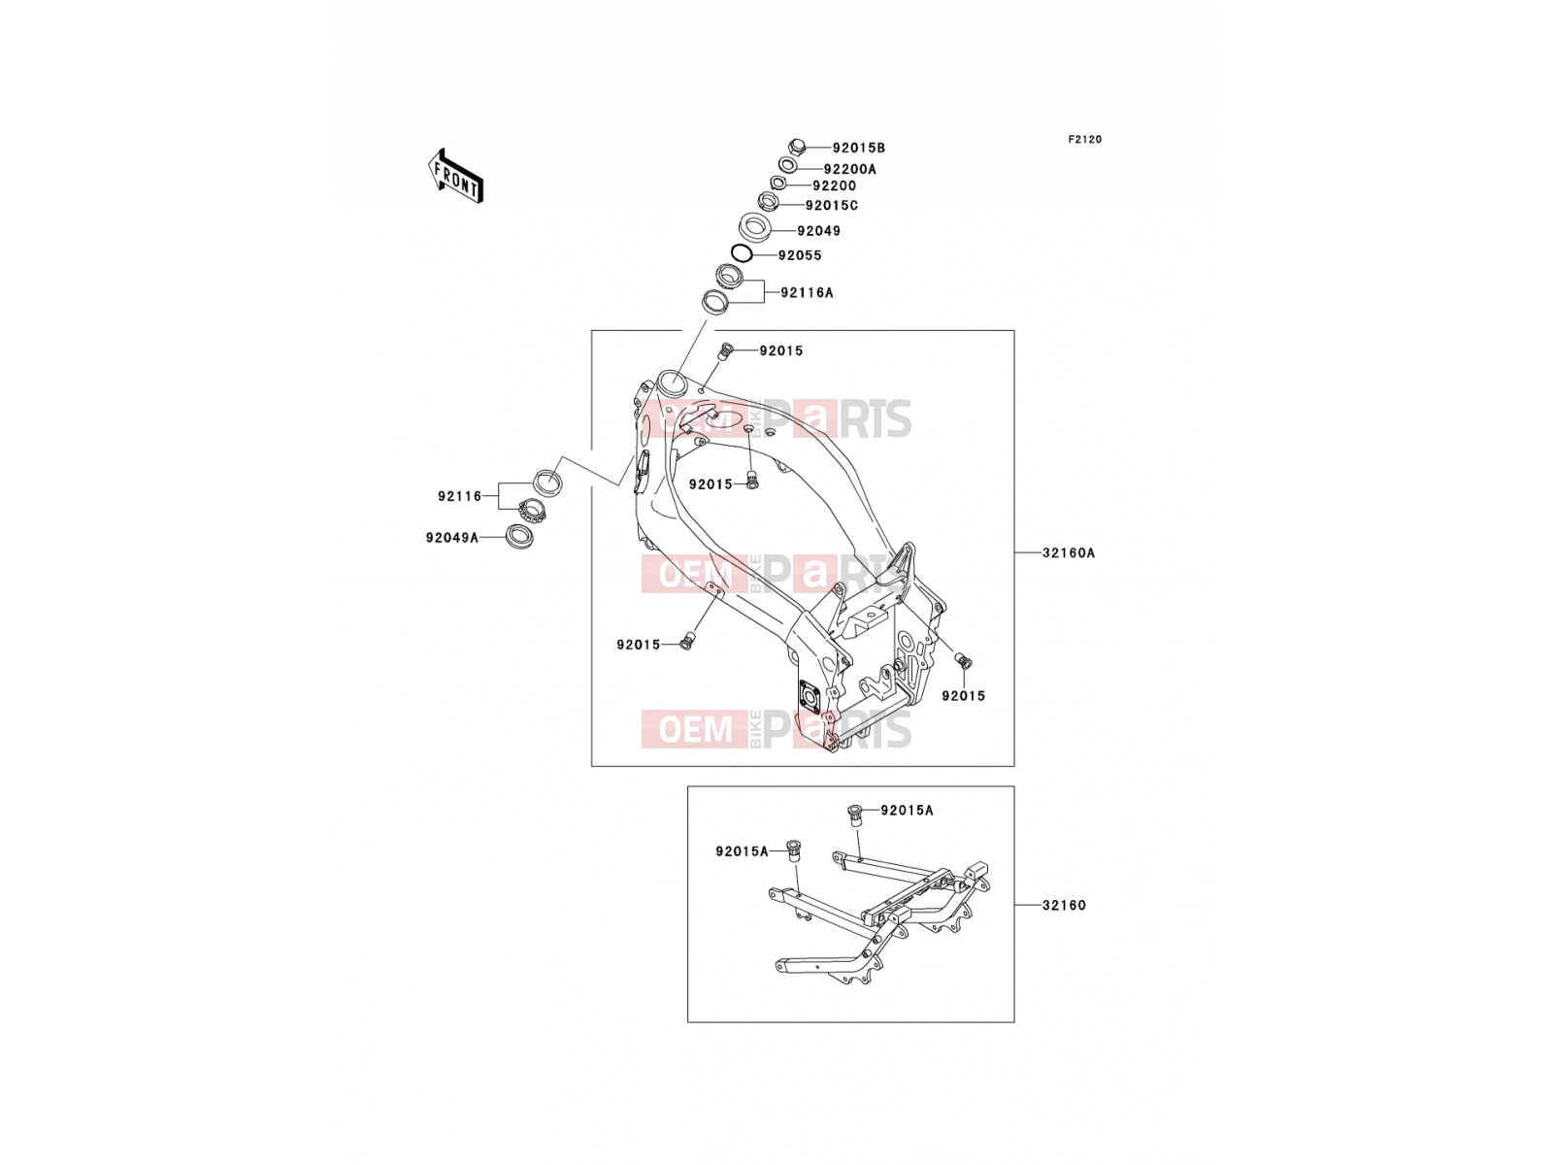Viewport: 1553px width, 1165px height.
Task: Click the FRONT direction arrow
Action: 455,177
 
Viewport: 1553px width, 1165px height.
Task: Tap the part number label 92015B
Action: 858,148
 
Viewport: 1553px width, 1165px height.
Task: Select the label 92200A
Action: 849,169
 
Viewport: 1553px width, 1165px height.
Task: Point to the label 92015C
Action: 831,206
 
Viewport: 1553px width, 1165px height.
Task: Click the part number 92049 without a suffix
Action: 818,231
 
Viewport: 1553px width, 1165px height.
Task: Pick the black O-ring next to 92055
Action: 741,252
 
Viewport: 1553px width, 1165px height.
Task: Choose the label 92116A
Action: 807,293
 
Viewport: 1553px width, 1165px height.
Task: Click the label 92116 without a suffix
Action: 459,496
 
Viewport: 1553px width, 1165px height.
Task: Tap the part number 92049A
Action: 452,538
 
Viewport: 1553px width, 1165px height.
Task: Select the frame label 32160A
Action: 1069,553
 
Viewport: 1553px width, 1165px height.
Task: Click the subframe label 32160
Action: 1064,906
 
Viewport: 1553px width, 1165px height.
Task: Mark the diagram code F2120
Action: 1084,140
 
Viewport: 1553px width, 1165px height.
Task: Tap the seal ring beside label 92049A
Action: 519,537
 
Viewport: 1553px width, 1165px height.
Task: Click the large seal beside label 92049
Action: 755,226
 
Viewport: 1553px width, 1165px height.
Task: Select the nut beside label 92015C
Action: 768,202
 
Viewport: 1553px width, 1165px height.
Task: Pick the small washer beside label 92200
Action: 778,183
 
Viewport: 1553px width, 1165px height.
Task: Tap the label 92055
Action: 800,255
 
